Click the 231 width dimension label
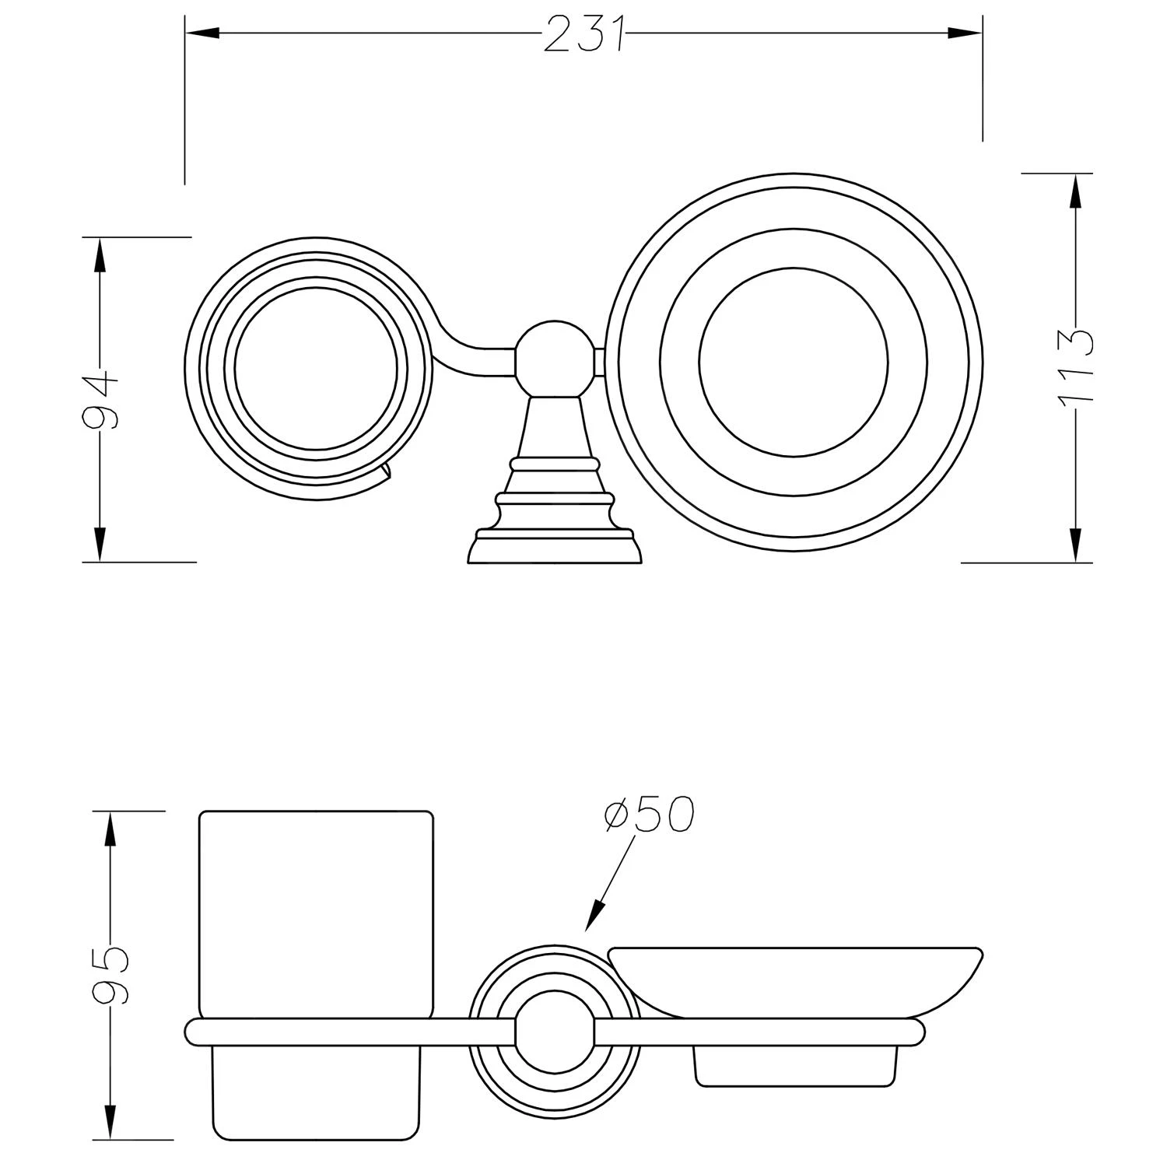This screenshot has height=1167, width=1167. pos(584,34)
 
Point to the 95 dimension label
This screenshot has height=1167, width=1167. pos(110,974)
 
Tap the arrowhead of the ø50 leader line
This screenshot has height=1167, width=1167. pos(595,916)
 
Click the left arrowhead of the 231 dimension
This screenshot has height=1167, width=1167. pos(201,33)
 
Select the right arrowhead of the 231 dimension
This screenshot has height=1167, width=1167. pos(966,33)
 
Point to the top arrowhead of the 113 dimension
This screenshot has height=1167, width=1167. pos(1075,190)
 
